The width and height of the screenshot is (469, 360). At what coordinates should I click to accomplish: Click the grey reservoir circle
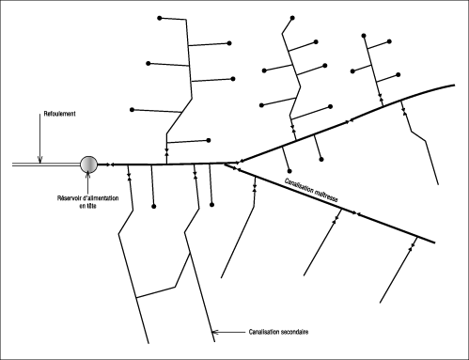(x=89, y=164)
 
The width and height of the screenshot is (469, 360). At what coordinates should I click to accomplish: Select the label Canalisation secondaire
(x=279, y=332)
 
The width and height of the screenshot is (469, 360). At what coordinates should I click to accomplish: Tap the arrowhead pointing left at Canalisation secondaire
(x=217, y=331)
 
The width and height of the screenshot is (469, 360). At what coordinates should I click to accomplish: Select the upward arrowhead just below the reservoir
(x=89, y=179)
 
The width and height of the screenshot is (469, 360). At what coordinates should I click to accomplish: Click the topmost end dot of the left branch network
(x=162, y=18)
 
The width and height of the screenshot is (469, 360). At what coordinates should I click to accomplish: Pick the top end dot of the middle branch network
(x=292, y=18)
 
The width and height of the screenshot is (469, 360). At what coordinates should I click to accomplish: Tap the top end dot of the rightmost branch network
(x=362, y=35)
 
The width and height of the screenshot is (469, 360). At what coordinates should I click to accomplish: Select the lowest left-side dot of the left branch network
(x=133, y=109)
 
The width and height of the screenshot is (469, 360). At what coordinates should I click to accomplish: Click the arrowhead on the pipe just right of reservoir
(x=110, y=164)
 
